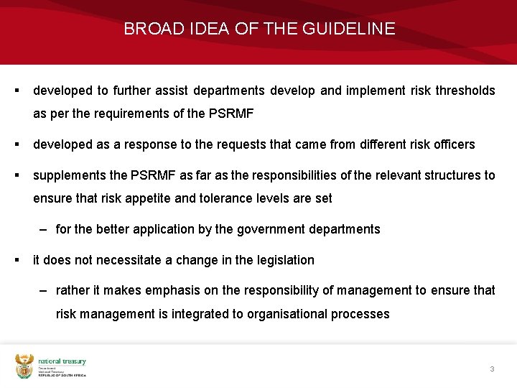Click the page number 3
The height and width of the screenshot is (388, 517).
pyautogui.click(x=492, y=369)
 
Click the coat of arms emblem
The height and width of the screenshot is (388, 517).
pyautogui.click(x=24, y=366)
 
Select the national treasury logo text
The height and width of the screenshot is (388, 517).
pyautogui.click(x=62, y=362)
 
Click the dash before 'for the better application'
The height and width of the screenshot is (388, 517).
pyautogui.click(x=44, y=229)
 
